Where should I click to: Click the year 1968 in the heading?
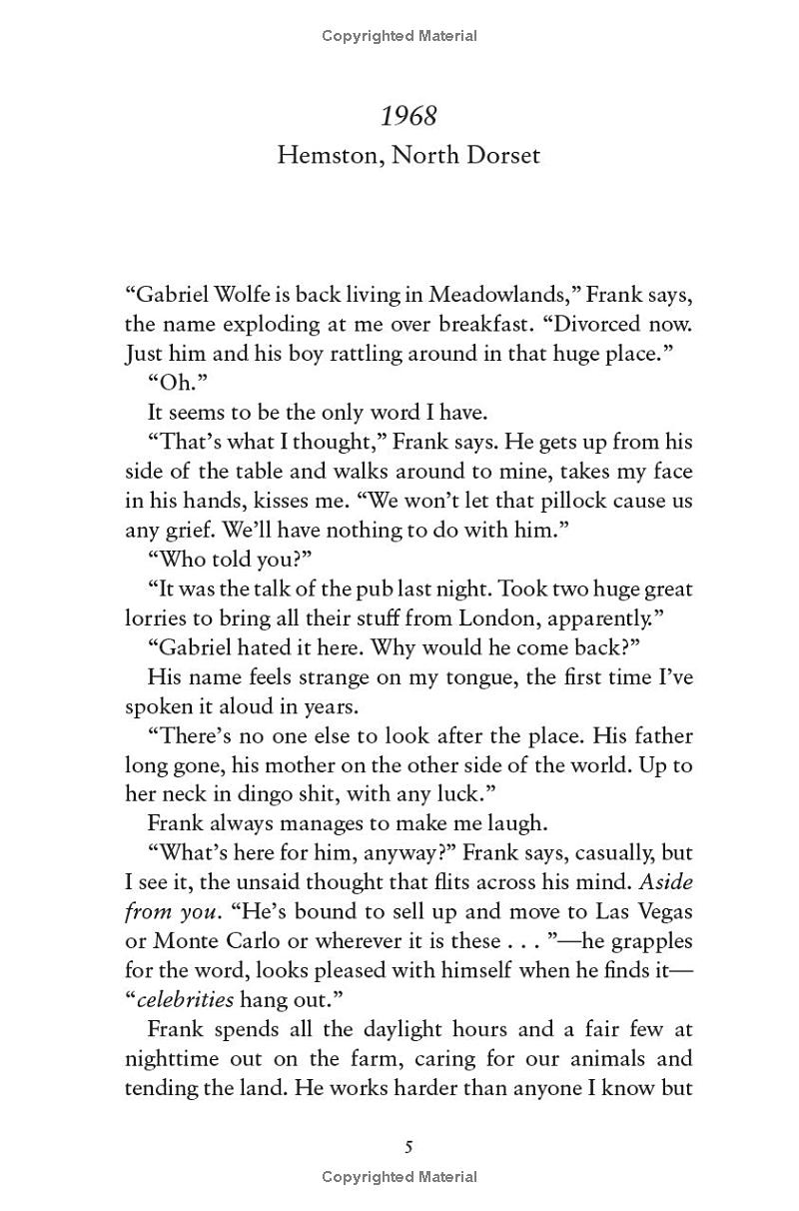(408, 117)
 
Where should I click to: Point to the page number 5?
(408, 1146)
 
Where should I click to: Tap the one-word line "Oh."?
(169, 383)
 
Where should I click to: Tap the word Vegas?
(660, 912)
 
